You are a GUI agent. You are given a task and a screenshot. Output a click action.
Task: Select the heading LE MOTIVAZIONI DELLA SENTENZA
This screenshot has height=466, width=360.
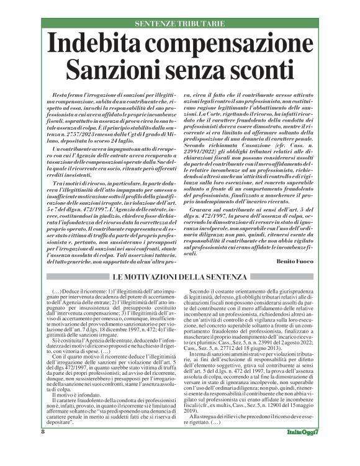point(179,276)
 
